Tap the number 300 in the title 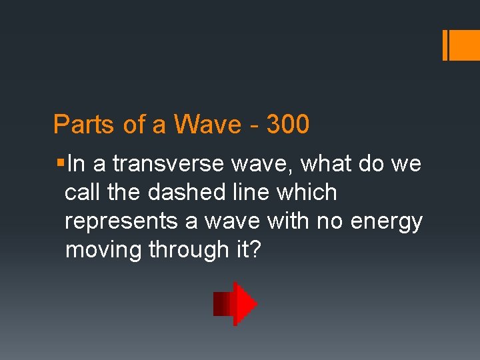(x=287, y=125)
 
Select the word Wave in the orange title (x=207, y=125)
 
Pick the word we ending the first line (x=405, y=164)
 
